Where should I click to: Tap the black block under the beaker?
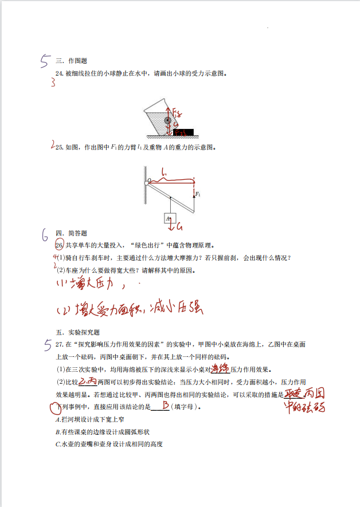(x=184, y=132)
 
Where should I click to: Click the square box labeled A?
(x=169, y=218)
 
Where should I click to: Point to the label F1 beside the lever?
(x=198, y=195)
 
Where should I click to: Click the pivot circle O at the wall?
(x=149, y=180)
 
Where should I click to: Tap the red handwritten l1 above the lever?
(x=164, y=171)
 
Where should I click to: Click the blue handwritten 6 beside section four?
(x=44, y=234)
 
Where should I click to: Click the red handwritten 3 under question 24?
(x=53, y=83)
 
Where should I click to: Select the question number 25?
(x=58, y=147)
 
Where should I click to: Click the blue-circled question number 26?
(x=58, y=245)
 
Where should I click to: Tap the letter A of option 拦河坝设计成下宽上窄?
(x=58, y=420)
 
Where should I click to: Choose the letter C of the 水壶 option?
(x=58, y=444)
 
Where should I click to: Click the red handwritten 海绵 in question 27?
(x=220, y=368)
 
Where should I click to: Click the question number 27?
(x=60, y=344)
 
